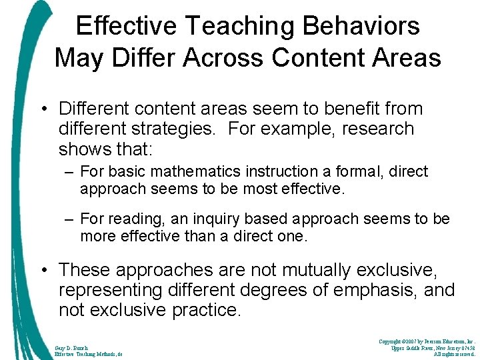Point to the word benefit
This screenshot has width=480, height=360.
click(355, 108)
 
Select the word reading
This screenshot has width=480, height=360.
click(136, 219)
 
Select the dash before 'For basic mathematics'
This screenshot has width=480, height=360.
click(69, 171)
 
